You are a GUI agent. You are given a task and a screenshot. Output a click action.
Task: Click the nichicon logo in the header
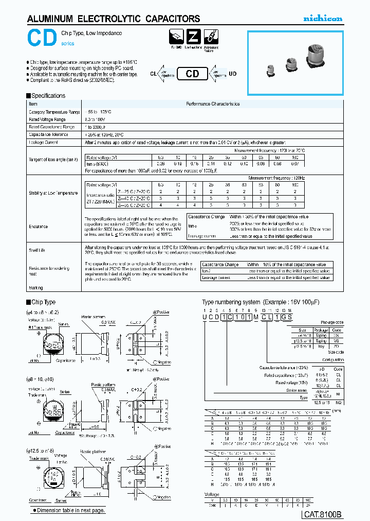coord(322,19)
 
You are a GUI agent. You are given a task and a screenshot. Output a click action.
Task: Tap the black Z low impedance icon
coord(193,37)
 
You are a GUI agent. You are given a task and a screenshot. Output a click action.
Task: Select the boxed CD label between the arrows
coord(192,74)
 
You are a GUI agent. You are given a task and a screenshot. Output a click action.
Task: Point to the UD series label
coord(233,74)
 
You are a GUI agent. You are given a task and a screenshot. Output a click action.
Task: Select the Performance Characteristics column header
coord(212,104)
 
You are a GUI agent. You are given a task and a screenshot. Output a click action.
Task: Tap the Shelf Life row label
coord(37,250)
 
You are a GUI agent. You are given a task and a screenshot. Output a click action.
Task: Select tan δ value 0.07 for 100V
coord(295,163)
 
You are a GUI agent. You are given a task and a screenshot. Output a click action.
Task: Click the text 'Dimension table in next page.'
coord(69,510)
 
